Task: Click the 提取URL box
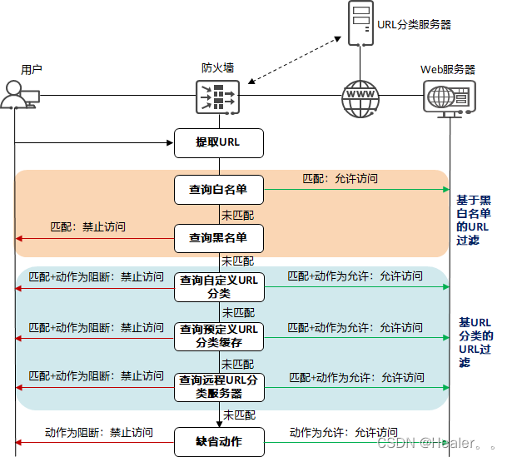tap(218, 143)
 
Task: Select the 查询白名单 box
tap(218, 190)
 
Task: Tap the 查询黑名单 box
tap(218, 238)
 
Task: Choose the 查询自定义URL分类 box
tap(218, 286)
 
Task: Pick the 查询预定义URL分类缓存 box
tap(218, 335)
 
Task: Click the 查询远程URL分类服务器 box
tap(218, 385)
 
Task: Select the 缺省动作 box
tap(218, 442)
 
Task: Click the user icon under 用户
tap(17, 97)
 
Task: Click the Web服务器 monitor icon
tap(450, 97)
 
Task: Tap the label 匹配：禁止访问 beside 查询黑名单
tap(88, 226)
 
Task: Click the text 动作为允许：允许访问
tap(343, 432)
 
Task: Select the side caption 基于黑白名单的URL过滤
tap(474, 220)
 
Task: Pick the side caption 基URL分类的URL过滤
tap(476, 342)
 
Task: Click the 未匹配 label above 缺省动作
tap(238, 414)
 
